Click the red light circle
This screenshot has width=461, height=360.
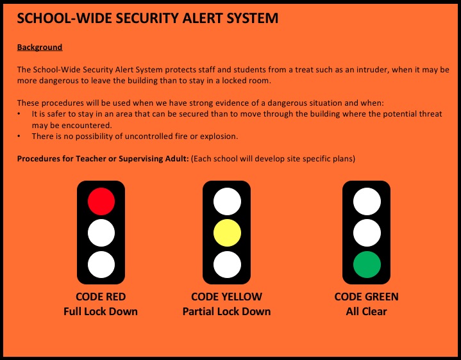[x=101, y=201]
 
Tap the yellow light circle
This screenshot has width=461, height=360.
[x=227, y=233]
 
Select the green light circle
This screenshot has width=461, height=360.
[x=367, y=265]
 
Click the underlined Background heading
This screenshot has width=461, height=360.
[x=40, y=47]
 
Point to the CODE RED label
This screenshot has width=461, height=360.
[x=101, y=297]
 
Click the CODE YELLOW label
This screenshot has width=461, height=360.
[x=227, y=297]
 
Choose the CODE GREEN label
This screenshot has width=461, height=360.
[x=367, y=297]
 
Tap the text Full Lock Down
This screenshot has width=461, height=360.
[x=101, y=311]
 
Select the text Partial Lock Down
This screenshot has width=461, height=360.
[x=227, y=311]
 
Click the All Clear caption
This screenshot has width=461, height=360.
[x=367, y=311]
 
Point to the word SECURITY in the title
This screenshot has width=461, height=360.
[x=147, y=18]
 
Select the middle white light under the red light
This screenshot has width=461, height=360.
[x=101, y=233]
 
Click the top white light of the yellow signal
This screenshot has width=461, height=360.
[x=227, y=201]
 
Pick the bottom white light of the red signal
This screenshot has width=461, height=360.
[x=101, y=265]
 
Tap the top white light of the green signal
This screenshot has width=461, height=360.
[x=367, y=201]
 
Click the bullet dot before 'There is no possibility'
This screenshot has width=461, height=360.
[x=19, y=136]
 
